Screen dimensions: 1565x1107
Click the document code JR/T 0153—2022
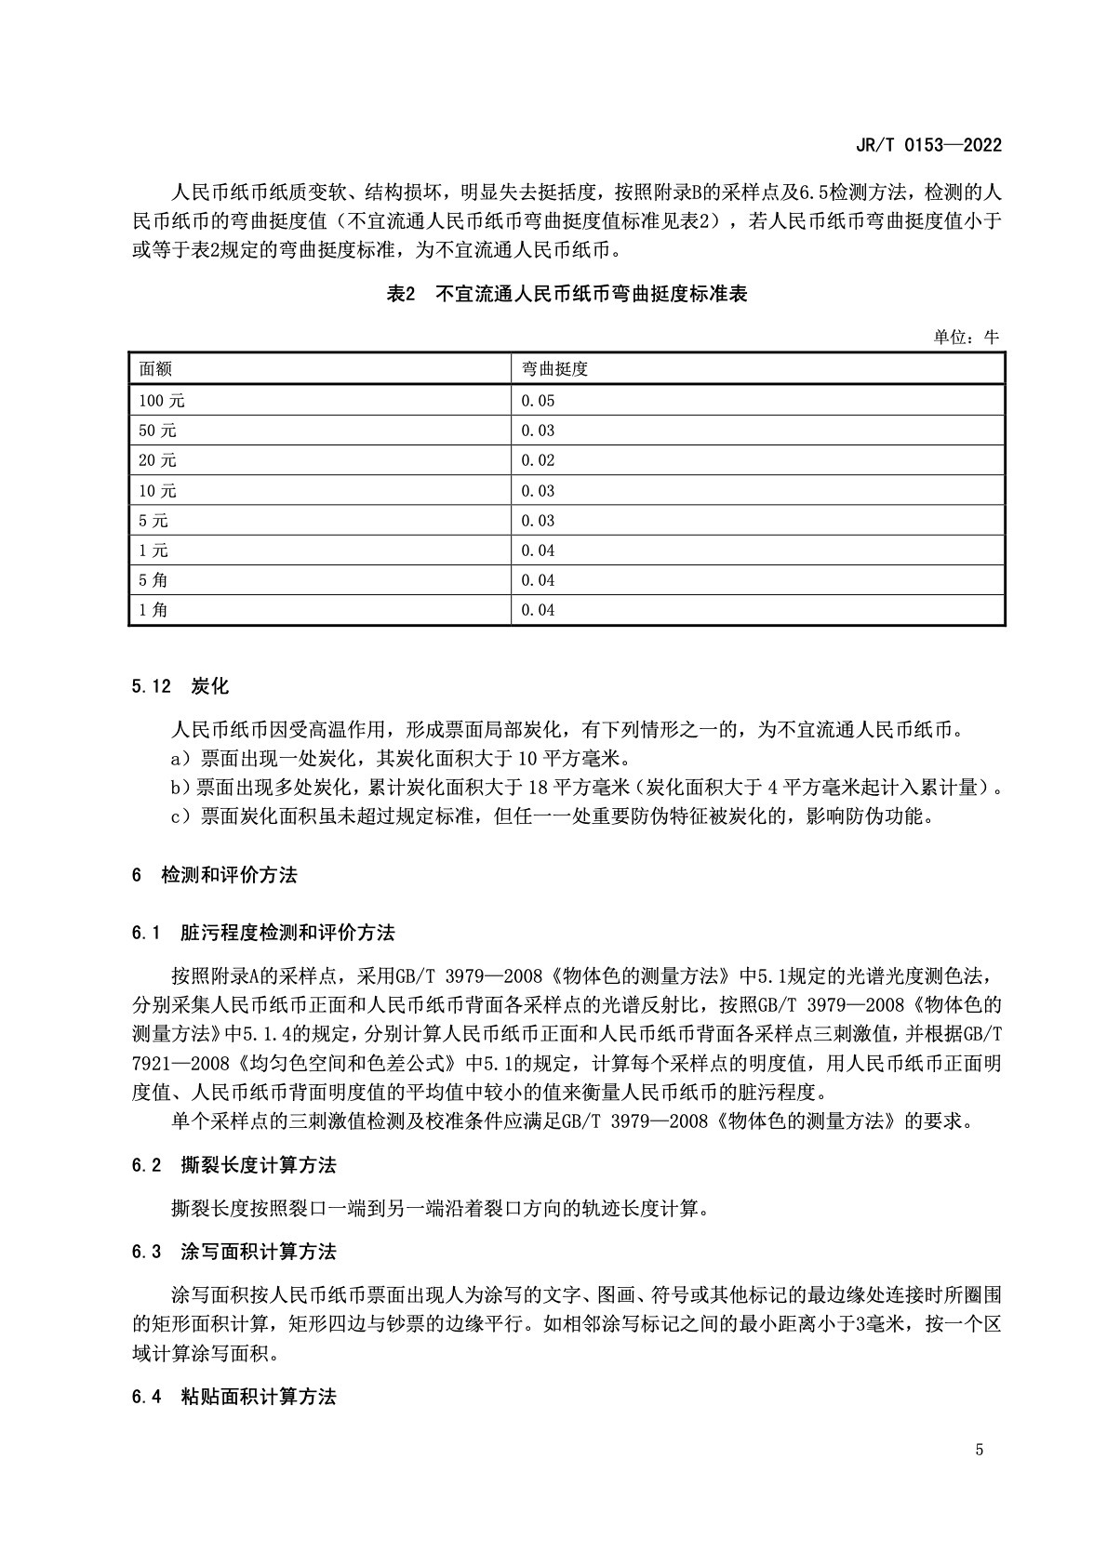[927, 146]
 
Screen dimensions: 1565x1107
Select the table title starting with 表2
[567, 295]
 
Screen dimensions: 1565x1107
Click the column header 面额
[155, 368]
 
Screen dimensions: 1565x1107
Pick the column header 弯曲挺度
[554, 368]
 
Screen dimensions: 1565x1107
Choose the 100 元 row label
[162, 401]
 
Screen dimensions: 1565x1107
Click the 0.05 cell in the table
[538, 401]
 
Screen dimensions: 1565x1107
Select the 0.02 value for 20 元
[538, 460]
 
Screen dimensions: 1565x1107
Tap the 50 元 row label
[157, 431]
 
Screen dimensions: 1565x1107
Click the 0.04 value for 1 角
[538, 610]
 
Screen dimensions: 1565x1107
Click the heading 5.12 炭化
[180, 687]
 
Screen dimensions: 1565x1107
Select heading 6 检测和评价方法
[215, 875]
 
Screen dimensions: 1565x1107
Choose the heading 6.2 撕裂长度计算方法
[234, 1165]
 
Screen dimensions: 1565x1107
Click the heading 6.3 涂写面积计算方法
[234, 1252]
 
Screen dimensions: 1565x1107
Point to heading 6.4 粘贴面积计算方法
[234, 1396]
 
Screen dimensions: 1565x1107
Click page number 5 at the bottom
[980, 1450]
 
